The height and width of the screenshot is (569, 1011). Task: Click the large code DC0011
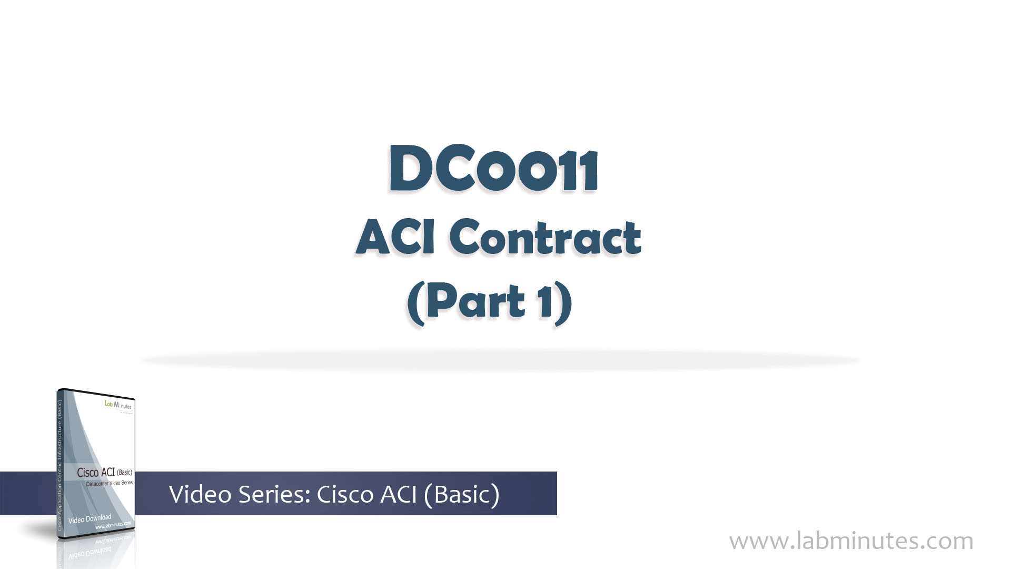pyautogui.click(x=493, y=170)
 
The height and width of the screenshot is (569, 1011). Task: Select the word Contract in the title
pyautogui.click(x=545, y=238)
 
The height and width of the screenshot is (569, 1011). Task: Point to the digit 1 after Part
pyautogui.click(x=546, y=301)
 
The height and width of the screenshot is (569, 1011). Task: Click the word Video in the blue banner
pyautogui.click(x=200, y=494)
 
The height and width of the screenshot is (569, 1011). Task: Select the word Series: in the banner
pyautogui.click(x=274, y=494)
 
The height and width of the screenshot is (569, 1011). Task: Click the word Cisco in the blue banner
pyautogui.click(x=345, y=494)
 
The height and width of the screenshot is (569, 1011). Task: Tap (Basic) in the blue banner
pyautogui.click(x=461, y=494)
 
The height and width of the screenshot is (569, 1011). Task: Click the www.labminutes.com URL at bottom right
pyautogui.click(x=851, y=541)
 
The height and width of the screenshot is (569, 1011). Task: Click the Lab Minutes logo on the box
pyautogui.click(x=118, y=405)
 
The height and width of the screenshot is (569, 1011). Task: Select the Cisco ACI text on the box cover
pyautogui.click(x=96, y=473)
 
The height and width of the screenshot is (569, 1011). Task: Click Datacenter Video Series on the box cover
pyautogui.click(x=109, y=483)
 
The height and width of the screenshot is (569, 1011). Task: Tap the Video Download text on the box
pyautogui.click(x=90, y=519)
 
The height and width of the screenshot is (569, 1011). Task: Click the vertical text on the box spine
pyautogui.click(x=60, y=464)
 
